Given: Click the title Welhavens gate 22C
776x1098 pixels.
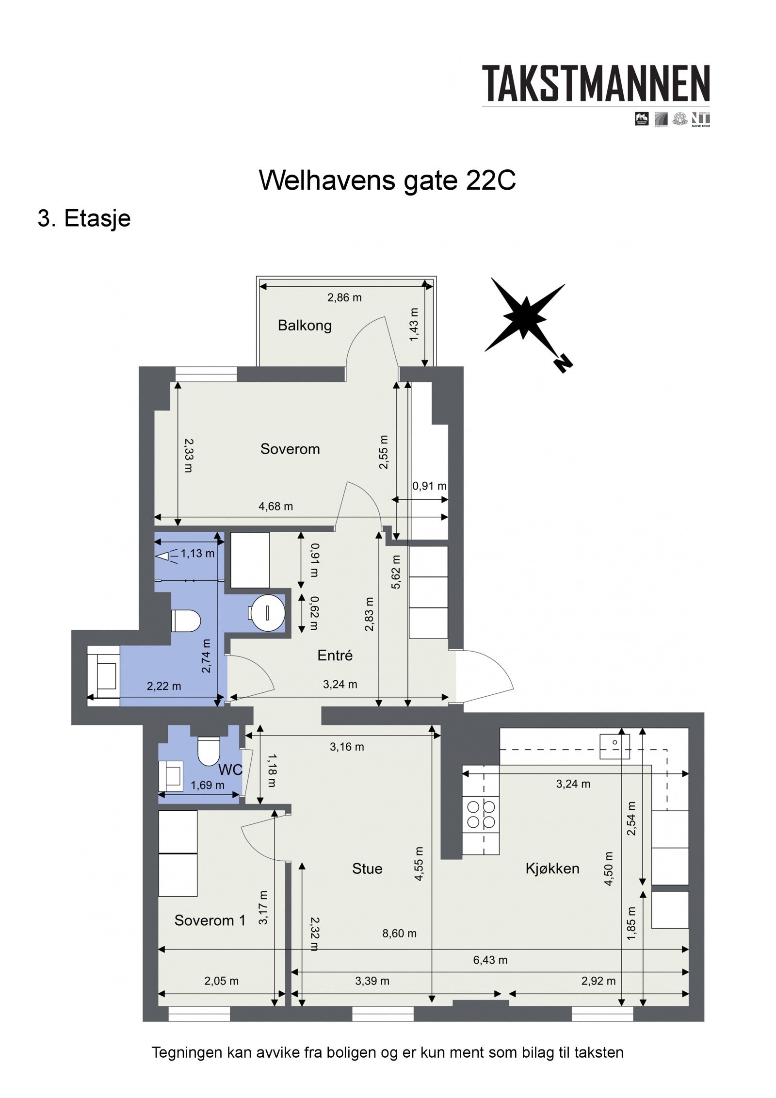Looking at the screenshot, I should (387, 180).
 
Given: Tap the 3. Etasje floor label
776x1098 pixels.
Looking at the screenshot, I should (84, 218).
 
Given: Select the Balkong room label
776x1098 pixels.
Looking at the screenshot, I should (304, 325).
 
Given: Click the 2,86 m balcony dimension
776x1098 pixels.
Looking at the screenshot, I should (344, 298).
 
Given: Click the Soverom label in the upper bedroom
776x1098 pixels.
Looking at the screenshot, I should (290, 449).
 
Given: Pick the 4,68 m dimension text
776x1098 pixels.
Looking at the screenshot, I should (275, 507).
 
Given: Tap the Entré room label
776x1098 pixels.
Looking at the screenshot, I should (335, 656).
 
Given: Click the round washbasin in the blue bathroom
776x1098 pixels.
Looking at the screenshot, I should (268, 612).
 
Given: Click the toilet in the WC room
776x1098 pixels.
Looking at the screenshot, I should (209, 751).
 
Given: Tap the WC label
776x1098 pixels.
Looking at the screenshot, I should (230, 770).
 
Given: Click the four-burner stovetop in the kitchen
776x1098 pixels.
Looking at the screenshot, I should (481, 815).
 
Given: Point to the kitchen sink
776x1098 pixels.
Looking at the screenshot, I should (614, 746).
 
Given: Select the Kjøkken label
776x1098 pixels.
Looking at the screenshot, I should (552, 869).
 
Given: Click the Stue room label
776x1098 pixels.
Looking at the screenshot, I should (367, 869).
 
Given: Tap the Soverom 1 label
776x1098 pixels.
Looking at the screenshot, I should (210, 920).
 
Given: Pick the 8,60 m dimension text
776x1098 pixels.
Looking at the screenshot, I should (399, 933).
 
